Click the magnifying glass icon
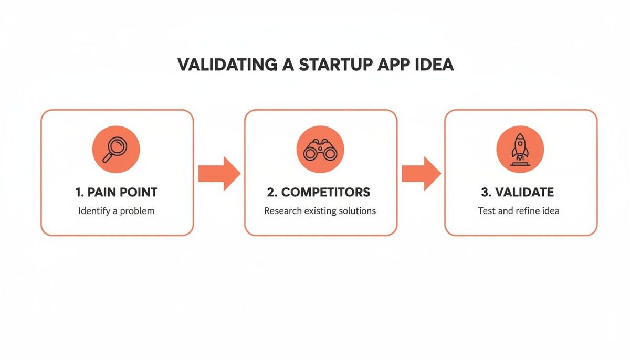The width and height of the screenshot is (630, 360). (x=116, y=149)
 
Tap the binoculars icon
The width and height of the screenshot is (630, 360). (x=320, y=150)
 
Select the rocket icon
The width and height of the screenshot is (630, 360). (x=520, y=149)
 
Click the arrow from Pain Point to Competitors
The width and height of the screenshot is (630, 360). (x=219, y=173)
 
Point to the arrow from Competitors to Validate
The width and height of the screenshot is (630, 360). (x=421, y=173)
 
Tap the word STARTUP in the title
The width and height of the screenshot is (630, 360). (x=336, y=65)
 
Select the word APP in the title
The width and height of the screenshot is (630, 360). (x=395, y=65)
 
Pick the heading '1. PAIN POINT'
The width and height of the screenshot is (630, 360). (x=117, y=192)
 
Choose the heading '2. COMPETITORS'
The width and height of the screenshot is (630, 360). (x=319, y=192)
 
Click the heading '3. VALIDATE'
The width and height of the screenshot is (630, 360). (x=518, y=192)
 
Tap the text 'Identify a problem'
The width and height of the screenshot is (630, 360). (x=117, y=211)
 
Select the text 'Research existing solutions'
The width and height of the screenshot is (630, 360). (x=320, y=211)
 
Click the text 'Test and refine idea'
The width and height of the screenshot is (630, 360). (x=519, y=211)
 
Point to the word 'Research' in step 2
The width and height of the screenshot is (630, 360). (x=282, y=211)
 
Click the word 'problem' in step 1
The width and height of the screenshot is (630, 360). (x=139, y=211)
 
